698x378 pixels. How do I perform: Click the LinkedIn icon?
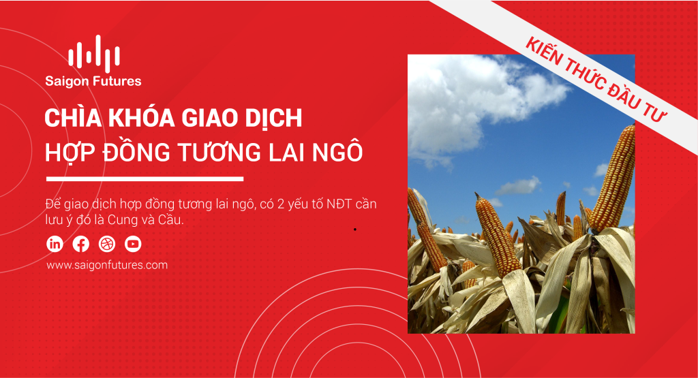pos(55,244)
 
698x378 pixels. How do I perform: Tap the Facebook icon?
pos(80,244)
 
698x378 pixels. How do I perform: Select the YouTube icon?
pos(133,244)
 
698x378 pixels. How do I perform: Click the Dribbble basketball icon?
pos(107,244)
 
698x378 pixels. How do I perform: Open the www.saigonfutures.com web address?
pos(107,265)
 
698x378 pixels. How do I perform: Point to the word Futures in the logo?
pos(118,81)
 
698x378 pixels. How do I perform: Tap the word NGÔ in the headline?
pos(337,152)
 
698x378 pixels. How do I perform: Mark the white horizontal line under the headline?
pos(145,178)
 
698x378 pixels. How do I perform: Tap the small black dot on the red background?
pos(354,230)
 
